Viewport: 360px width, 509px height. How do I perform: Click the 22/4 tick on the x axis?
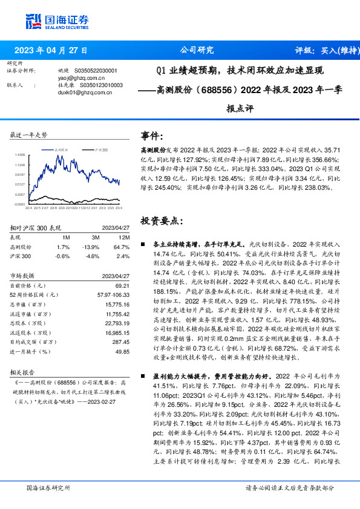pyautogui.click(x=28, y=207)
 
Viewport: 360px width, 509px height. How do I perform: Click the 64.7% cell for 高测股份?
pyautogui.click(x=119, y=247)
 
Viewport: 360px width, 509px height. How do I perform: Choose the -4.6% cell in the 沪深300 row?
pyautogui.click(x=93, y=256)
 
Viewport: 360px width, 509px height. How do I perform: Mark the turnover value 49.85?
pyautogui.click(x=122, y=351)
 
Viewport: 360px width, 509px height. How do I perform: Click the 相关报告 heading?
pyautogui.click(x=23, y=372)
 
